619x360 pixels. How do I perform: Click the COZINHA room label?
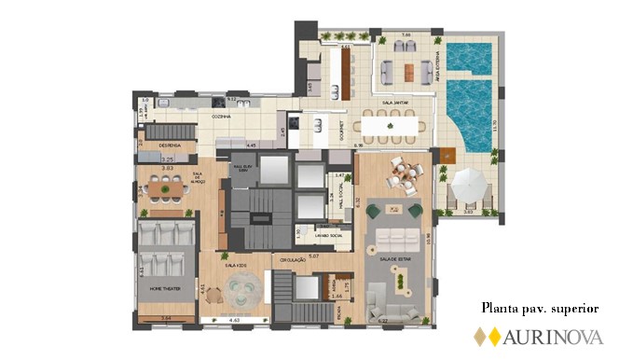221,117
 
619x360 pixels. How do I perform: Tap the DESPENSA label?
155,146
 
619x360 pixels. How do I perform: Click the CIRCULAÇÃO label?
288,260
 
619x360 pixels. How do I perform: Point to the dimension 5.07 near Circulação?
313,255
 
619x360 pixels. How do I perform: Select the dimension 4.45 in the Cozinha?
251,146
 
